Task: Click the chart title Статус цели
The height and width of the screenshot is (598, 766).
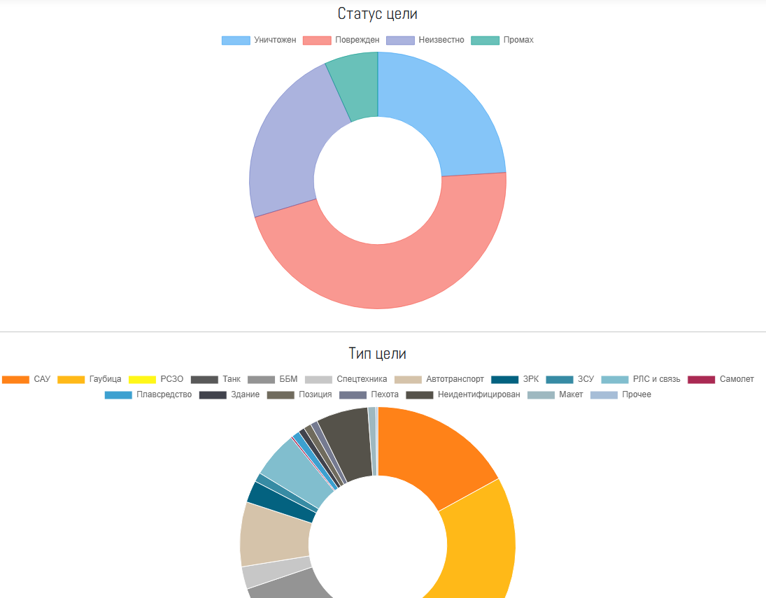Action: point(377,13)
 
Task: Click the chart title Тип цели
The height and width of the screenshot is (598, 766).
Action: point(377,353)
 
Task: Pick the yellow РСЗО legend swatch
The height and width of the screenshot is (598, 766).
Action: point(143,379)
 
